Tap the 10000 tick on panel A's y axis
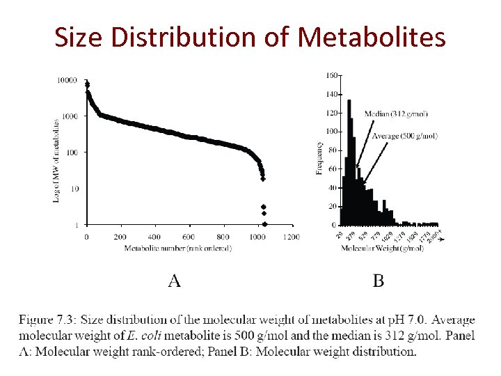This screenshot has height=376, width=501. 67,80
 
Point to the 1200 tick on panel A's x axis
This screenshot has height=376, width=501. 292,237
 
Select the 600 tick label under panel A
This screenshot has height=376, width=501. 189,237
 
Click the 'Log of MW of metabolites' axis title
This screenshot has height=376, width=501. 56,160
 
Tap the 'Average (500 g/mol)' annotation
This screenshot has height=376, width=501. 405,136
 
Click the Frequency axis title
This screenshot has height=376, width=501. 319,158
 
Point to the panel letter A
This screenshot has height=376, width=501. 174,281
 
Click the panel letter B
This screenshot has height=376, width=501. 379,281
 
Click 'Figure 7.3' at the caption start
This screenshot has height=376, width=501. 47,320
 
